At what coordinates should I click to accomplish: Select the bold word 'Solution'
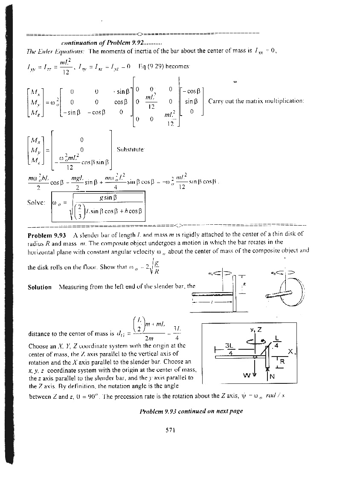[40, 287]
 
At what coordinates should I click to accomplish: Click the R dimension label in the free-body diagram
[282, 363]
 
